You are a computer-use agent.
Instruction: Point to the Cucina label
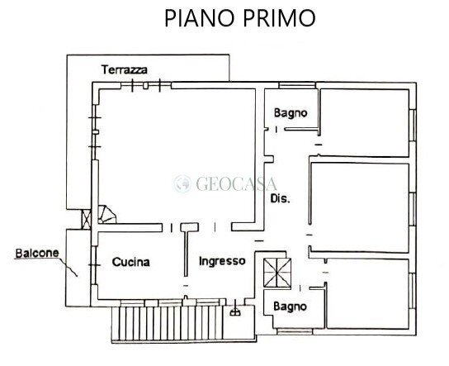coord(131,262)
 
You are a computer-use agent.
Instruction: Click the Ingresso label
coord(222,261)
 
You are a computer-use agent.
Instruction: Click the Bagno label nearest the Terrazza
coord(291,112)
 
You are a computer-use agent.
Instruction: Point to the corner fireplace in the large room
coord(106,216)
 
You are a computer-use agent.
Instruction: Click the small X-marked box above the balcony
coord(87,221)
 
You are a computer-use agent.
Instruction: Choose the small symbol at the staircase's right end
coord(237,313)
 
